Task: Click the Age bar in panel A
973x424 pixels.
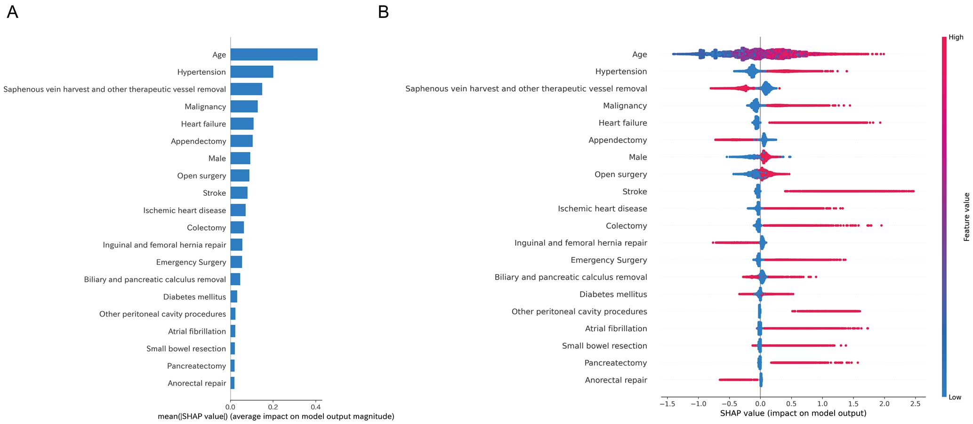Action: (x=274, y=55)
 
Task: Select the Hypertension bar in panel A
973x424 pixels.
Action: (x=252, y=72)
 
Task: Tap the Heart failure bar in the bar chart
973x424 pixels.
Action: (x=242, y=124)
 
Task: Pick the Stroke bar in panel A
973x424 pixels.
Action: (x=239, y=193)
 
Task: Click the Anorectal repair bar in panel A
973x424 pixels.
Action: (x=233, y=383)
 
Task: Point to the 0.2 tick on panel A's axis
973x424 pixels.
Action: (x=273, y=400)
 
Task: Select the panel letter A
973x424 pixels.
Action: (x=13, y=12)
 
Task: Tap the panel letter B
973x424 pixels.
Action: (x=384, y=12)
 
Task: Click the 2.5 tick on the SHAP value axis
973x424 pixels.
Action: (x=916, y=399)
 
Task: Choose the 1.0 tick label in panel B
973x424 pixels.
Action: (x=822, y=404)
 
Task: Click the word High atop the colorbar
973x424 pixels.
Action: (x=956, y=37)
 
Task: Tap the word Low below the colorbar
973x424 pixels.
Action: (x=955, y=397)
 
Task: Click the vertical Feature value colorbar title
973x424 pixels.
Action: (x=966, y=217)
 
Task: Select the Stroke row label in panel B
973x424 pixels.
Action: (x=635, y=192)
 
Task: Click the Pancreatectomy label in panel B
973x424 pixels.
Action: (x=616, y=363)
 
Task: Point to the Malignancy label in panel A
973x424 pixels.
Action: (x=205, y=107)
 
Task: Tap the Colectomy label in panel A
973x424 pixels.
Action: (x=207, y=228)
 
